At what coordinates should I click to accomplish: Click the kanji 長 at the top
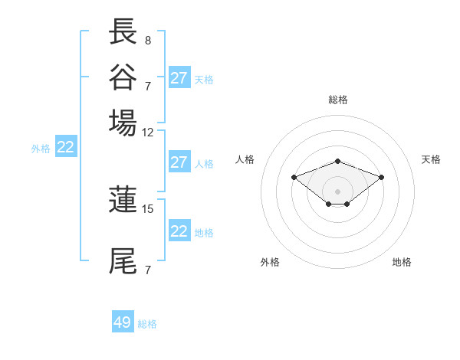(123, 33)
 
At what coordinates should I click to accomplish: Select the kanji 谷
(123, 77)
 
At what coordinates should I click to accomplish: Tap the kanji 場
(123, 123)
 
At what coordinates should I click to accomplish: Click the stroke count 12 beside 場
(148, 131)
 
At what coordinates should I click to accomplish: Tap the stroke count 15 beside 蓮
(148, 208)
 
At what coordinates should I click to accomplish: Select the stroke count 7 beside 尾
(148, 269)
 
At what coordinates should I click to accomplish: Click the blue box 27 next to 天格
(179, 78)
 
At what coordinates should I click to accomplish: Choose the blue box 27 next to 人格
(179, 162)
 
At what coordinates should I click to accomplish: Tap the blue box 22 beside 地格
(179, 231)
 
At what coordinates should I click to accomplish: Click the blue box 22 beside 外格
(66, 147)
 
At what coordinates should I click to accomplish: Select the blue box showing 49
(123, 322)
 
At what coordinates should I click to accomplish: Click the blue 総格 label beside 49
(147, 324)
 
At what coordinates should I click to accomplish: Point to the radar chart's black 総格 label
(337, 100)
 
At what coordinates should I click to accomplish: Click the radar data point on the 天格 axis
(381, 177)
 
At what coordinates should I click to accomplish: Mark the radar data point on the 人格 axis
(294, 177)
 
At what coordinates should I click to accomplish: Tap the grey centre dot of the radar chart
(337, 191)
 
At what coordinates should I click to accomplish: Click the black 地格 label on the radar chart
(402, 262)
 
